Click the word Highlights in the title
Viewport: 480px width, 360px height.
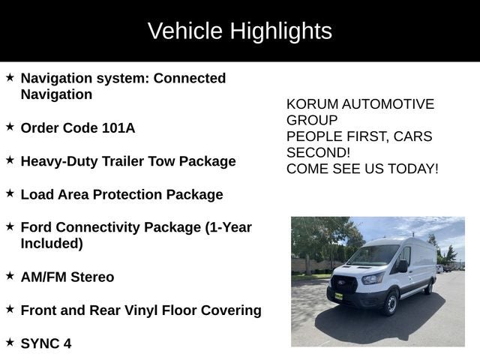pyautogui.click(x=280, y=31)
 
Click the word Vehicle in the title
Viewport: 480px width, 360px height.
pyautogui.click(x=184, y=31)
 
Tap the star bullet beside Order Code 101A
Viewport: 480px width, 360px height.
pyautogui.click(x=10, y=127)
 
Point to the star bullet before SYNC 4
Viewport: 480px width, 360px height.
pyautogui.click(x=10, y=342)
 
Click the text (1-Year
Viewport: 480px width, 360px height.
pyautogui.click(x=228, y=227)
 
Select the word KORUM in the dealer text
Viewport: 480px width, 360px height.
pyautogui.click(x=310, y=104)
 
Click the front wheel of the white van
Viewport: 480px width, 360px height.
pyautogui.click(x=389, y=301)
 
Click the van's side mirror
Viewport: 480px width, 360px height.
pyautogui.click(x=403, y=265)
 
